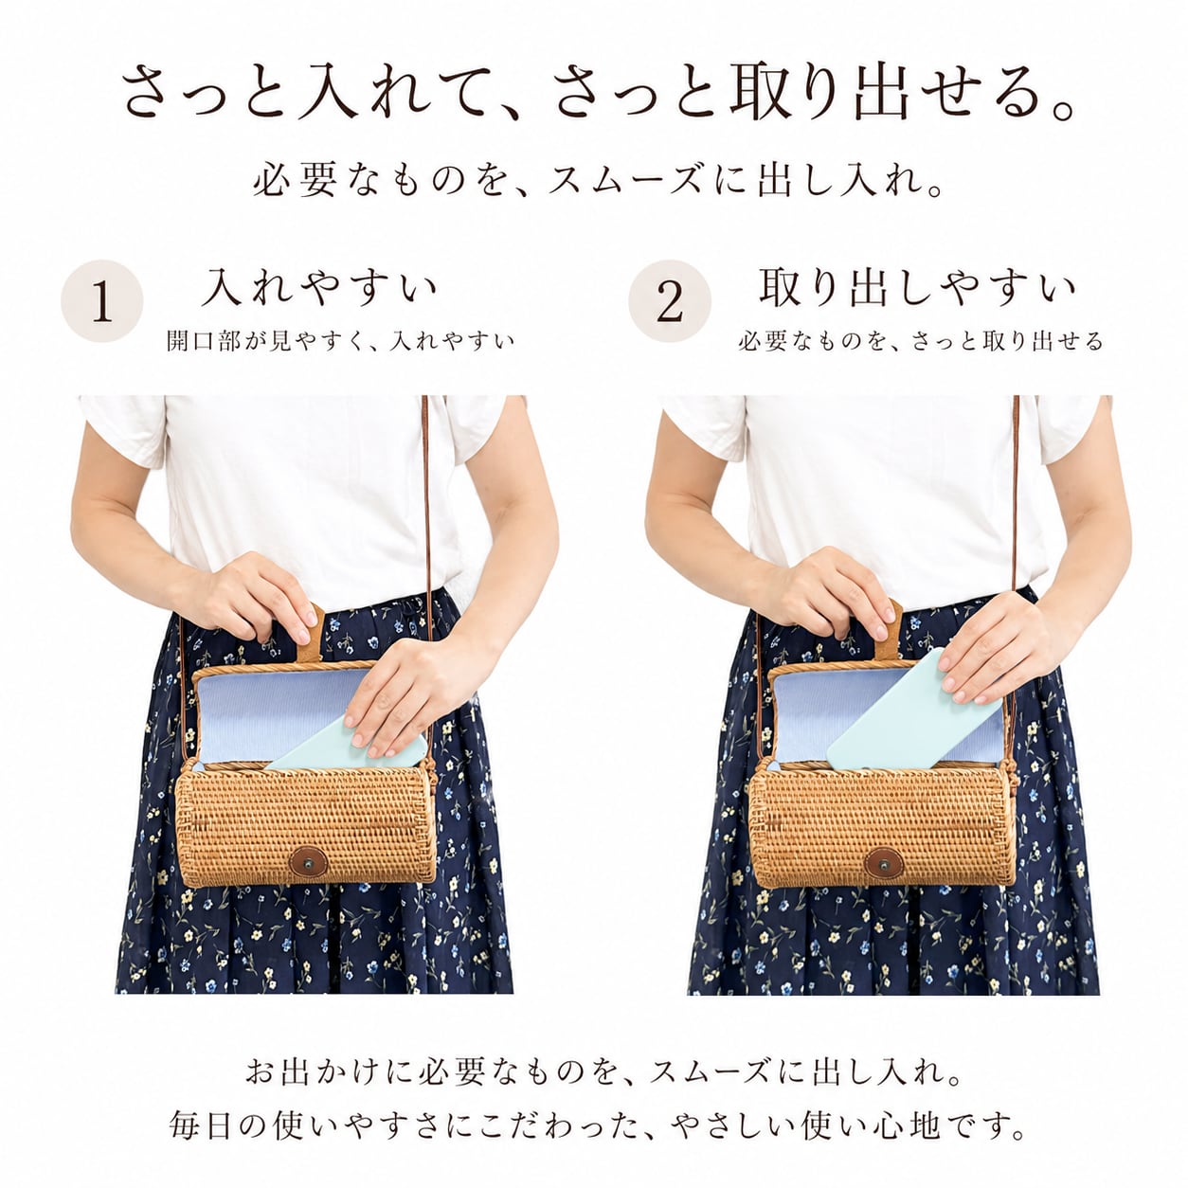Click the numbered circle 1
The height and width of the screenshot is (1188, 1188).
coord(101,301)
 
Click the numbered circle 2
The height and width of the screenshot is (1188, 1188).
coord(670,301)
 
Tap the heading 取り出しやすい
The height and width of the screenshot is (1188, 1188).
coord(917,287)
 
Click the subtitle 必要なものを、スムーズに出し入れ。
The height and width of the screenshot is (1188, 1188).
coord(598,179)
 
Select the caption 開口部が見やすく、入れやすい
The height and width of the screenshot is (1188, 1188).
coord(340,340)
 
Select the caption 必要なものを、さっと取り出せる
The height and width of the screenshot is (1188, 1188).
coord(920,340)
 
